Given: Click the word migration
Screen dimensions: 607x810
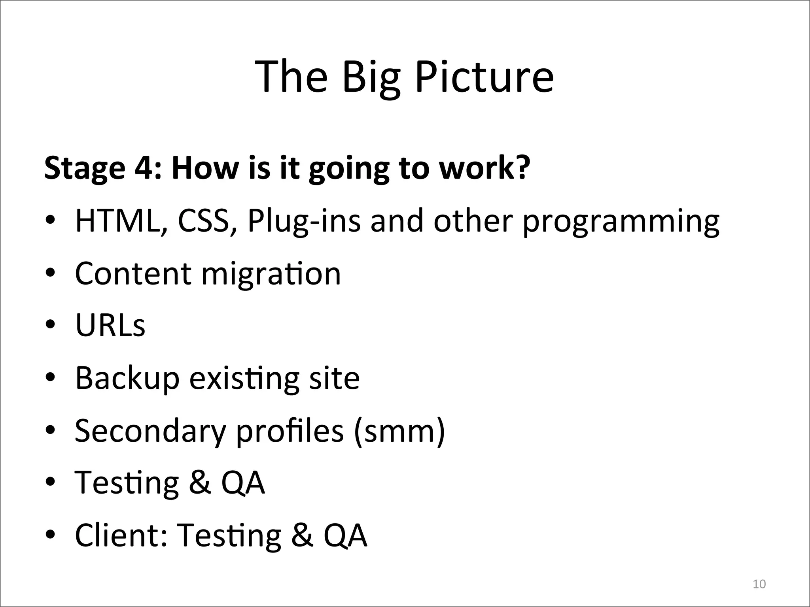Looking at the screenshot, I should click(271, 274).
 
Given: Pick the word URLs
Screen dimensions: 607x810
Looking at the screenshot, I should click(110, 326).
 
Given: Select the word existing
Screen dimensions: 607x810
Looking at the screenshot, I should click(244, 379).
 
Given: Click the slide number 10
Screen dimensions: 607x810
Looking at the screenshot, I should click(759, 584).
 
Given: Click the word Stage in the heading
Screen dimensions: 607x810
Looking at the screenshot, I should click(84, 168).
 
